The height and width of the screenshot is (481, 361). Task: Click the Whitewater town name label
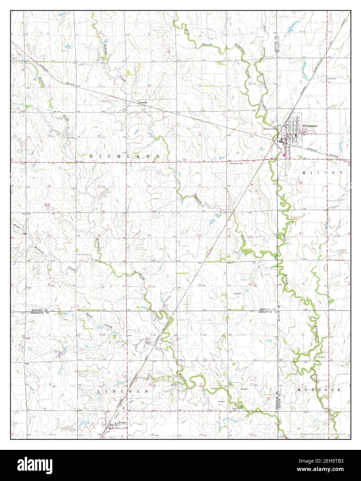[310, 126]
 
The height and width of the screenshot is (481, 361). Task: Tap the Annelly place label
[143, 103]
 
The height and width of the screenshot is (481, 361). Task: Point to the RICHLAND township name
[125, 157]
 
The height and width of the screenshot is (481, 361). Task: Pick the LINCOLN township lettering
[123, 391]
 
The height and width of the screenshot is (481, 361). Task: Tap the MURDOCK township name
[319, 390]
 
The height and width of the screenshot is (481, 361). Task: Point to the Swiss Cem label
[332, 79]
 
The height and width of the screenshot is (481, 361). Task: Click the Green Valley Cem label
[235, 410]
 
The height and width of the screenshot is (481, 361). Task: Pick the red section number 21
[99, 186]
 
